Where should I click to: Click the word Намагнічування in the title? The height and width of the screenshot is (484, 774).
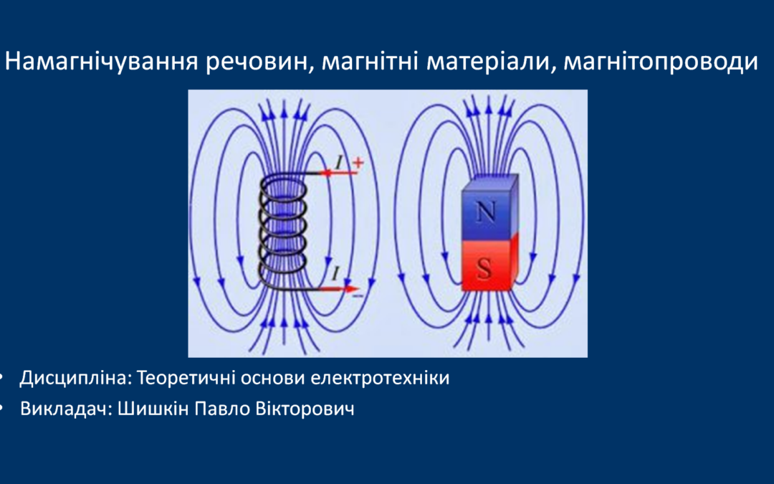[101, 62]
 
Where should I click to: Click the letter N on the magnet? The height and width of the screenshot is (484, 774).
[485, 212]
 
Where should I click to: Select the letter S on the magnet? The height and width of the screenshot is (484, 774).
[484, 269]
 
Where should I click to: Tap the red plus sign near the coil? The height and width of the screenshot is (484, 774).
[358, 162]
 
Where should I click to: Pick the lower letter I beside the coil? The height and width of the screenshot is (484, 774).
[335, 273]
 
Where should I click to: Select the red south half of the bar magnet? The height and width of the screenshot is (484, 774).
[489, 264]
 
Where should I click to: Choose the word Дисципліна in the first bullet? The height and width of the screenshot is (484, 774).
[76, 379]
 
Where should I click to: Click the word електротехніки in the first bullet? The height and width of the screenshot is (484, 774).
[380, 379]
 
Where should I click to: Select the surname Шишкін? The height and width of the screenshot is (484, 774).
[153, 409]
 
